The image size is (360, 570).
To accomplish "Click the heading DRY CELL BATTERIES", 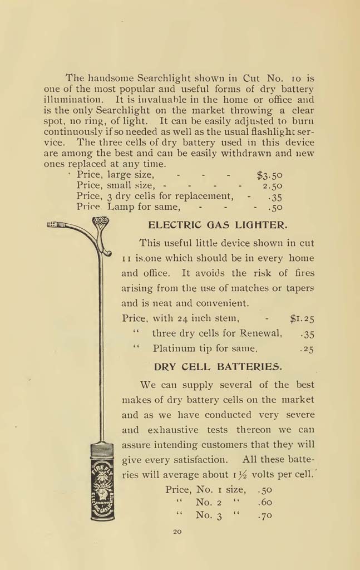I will (x=218, y=367).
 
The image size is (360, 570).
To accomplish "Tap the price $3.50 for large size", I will (x=270, y=175).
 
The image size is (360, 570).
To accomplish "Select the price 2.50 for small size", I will (x=273, y=186).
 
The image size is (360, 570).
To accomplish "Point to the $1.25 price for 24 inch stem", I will (x=302, y=319).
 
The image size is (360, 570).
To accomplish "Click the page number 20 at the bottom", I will (x=177, y=532).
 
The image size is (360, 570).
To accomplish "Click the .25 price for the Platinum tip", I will (x=307, y=350).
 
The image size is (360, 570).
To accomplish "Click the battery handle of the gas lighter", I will (x=102, y=481).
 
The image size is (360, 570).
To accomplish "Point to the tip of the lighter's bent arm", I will (x=53, y=225).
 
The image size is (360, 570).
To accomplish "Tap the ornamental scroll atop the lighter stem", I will (x=100, y=221).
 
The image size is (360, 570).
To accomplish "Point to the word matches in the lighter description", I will (x=246, y=288).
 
